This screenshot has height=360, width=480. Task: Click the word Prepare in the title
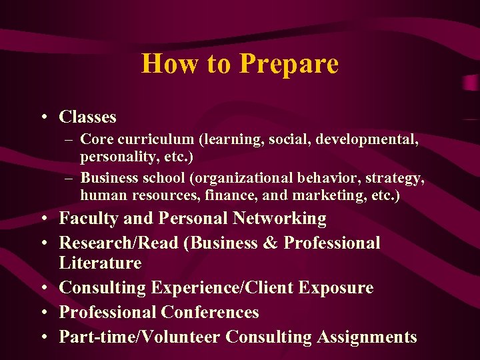coord(289,65)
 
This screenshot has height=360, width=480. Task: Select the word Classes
coord(87,117)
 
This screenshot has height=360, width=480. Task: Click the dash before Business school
coord(69,179)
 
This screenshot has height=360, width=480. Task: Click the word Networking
coord(279,219)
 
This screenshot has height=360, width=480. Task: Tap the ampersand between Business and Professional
coord(271,243)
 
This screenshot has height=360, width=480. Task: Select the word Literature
coord(100,263)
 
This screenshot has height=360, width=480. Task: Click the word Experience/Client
coord(223,288)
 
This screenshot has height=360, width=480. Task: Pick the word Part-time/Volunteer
coord(139,337)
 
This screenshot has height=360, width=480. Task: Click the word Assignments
coord(367,337)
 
